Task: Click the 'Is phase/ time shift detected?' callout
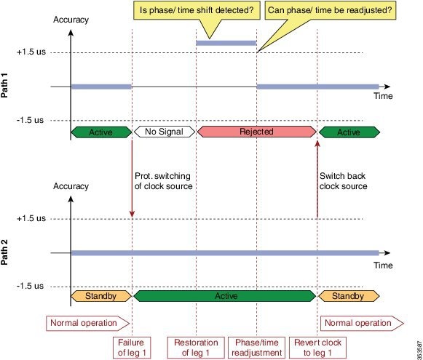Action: coord(197,10)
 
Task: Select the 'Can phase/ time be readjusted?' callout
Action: coord(331,10)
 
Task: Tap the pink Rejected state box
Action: coord(256,132)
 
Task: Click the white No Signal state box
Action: coord(165,132)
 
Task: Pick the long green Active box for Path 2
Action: coord(224,296)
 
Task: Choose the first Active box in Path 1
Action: coord(101,132)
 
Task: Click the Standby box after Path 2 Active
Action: coord(349,296)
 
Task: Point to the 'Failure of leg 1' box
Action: coord(132,348)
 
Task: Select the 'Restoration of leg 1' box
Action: coord(196,348)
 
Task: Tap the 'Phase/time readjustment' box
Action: coord(256,348)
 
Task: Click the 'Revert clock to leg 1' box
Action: coord(317,348)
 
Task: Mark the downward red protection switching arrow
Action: coord(132,178)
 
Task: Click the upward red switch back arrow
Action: coord(317,178)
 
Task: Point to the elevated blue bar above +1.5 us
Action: coord(226,43)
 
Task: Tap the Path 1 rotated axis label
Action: coord(4,85)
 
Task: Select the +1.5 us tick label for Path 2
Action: coord(31,218)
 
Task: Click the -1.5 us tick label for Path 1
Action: coord(30,120)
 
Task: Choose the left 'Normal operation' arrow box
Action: coord(87,323)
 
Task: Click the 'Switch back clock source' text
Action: coord(343,181)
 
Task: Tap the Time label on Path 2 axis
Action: coord(383,265)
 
